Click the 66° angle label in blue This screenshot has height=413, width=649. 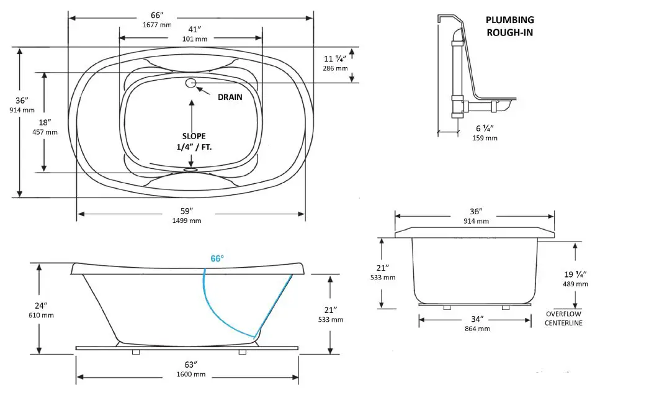tap(217, 258)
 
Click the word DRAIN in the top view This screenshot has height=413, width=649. tap(230, 97)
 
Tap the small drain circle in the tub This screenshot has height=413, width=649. tap(191, 83)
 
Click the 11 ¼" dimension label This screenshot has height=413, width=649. tap(335, 58)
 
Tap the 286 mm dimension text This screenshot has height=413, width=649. tap(335, 68)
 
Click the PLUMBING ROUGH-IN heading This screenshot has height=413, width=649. tap(509, 26)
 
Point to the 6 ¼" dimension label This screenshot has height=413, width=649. tap(485, 128)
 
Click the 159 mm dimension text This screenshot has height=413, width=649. tap(485, 138)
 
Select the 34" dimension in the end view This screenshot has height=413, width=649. tap(476, 319)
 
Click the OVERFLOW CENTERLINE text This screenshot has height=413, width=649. tap(563, 318)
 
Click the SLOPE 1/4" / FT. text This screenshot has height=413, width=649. tap(194, 141)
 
